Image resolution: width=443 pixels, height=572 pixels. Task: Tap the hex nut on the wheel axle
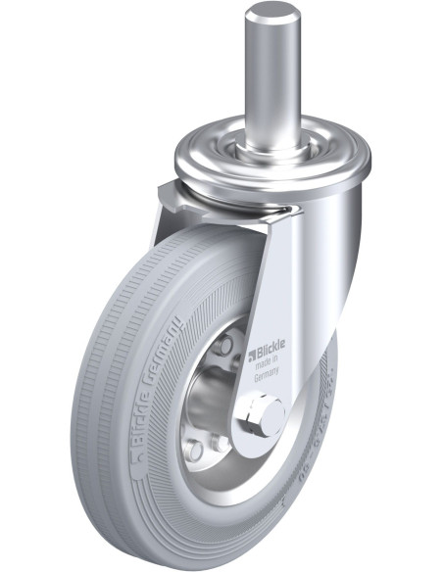pyautogui.click(x=264, y=415)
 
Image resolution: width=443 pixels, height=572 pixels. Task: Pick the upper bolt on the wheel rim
pyautogui.click(x=226, y=346)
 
